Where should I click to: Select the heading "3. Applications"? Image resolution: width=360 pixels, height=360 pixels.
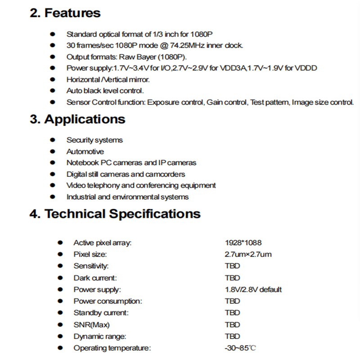[77, 119]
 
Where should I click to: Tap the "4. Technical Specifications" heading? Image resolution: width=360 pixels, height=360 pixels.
[115, 213]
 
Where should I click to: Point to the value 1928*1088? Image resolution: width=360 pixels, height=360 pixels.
[243, 243]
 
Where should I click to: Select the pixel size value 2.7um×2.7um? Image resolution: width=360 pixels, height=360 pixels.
[248, 255]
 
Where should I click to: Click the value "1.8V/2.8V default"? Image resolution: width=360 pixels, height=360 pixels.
[253, 289]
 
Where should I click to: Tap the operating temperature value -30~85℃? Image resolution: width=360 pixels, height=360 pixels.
[241, 348]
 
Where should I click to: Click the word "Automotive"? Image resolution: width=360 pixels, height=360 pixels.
[85, 152]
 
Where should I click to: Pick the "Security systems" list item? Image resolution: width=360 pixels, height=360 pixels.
[94, 140]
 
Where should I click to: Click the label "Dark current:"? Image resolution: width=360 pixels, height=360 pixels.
[95, 278]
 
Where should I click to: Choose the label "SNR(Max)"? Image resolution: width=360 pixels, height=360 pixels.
[92, 324]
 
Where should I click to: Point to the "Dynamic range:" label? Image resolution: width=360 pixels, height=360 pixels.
[100, 336]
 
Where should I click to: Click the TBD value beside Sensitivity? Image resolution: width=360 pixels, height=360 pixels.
[233, 266]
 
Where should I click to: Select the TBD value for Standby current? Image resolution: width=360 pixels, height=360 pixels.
[233, 313]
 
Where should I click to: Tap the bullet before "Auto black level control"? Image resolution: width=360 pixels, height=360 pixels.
[53, 91]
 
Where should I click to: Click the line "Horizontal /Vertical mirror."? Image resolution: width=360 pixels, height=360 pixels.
[108, 80]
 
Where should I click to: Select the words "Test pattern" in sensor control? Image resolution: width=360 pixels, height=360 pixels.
[269, 102]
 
